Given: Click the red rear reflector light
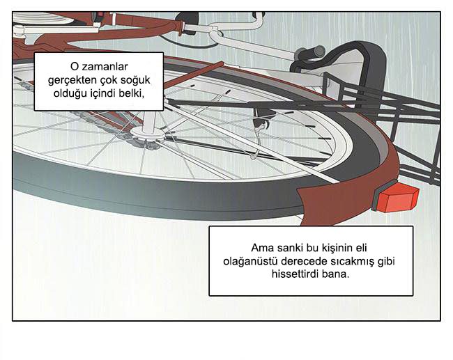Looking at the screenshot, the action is click(397, 198).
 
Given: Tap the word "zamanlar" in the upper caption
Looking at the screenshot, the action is click(105, 67).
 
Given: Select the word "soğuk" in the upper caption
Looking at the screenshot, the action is click(135, 80).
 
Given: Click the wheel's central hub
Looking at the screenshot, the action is click(147, 133).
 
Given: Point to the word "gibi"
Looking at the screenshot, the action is click(386, 262).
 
